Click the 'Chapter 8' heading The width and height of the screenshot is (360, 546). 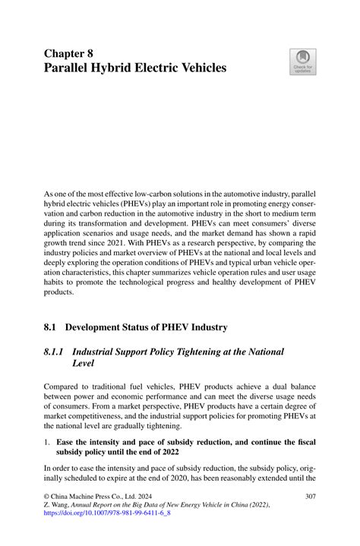(x=69, y=54)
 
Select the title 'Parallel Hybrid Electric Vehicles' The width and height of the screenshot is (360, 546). (x=134, y=68)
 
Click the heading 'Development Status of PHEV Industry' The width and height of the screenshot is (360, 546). (x=146, y=327)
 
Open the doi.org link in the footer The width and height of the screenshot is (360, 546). (x=107, y=514)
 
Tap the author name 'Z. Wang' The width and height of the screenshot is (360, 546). (x=59, y=505)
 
